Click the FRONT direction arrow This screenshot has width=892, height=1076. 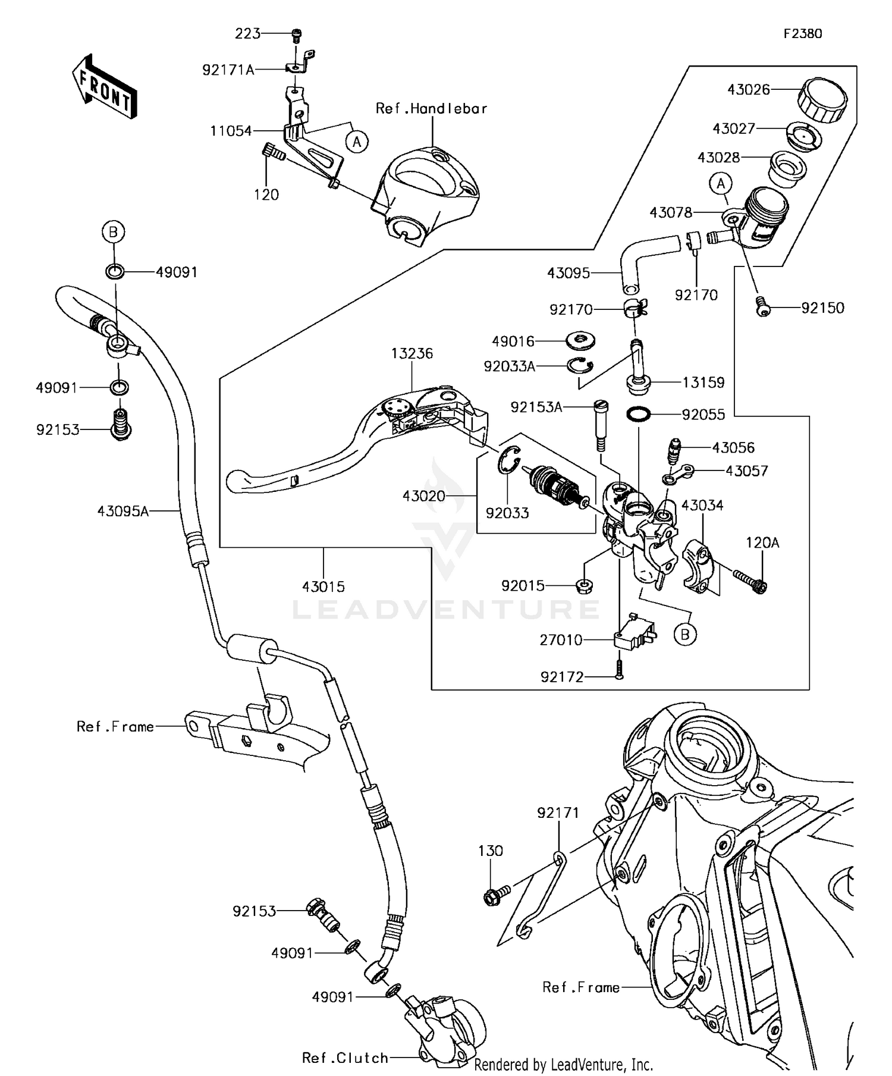point(105,88)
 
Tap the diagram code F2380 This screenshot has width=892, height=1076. point(802,34)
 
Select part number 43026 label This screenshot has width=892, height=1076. point(748,90)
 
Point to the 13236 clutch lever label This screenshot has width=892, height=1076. point(412,353)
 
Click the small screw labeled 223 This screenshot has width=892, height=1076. point(296,36)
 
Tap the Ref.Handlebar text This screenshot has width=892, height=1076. point(431,109)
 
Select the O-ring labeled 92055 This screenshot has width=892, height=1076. point(638,414)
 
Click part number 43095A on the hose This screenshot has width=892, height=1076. point(123,510)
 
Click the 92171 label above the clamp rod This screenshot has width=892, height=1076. point(558,813)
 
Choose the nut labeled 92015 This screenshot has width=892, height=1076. point(584,586)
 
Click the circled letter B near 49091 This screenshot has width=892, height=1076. point(114,231)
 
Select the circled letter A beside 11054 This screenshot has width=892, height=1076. point(357,142)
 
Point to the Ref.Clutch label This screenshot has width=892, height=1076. point(345,1058)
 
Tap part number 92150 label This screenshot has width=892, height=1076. point(822,308)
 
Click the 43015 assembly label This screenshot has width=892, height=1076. point(323,586)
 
